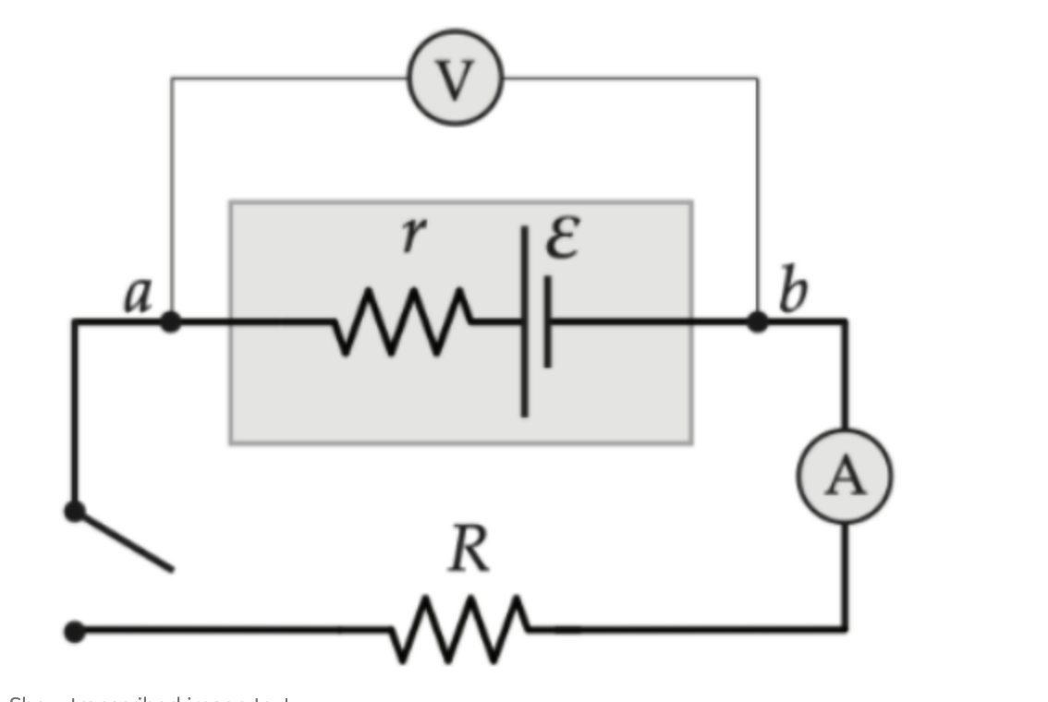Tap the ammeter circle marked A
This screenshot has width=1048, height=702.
(x=845, y=477)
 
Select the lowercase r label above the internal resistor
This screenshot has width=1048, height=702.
(x=412, y=236)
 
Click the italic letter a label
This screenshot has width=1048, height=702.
(x=139, y=296)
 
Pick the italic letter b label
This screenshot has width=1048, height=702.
(x=792, y=293)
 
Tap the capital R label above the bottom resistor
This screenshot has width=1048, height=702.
(x=468, y=551)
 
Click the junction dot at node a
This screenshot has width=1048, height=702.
(x=170, y=321)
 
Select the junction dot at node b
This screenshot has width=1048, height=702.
(x=757, y=321)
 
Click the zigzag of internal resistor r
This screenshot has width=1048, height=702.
(x=402, y=321)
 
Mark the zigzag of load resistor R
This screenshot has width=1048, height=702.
(x=459, y=630)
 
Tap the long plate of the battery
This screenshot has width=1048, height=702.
(x=525, y=321)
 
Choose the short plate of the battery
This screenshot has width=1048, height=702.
(x=547, y=321)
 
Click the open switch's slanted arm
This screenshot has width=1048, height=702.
(x=124, y=540)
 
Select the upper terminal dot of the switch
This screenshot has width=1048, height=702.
(x=75, y=511)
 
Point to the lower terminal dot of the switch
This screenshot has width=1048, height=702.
(x=75, y=632)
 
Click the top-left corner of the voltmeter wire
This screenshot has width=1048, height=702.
(x=171, y=79)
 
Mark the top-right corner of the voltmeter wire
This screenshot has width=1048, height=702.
(x=758, y=79)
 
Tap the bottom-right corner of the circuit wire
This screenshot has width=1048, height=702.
(x=845, y=629)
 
